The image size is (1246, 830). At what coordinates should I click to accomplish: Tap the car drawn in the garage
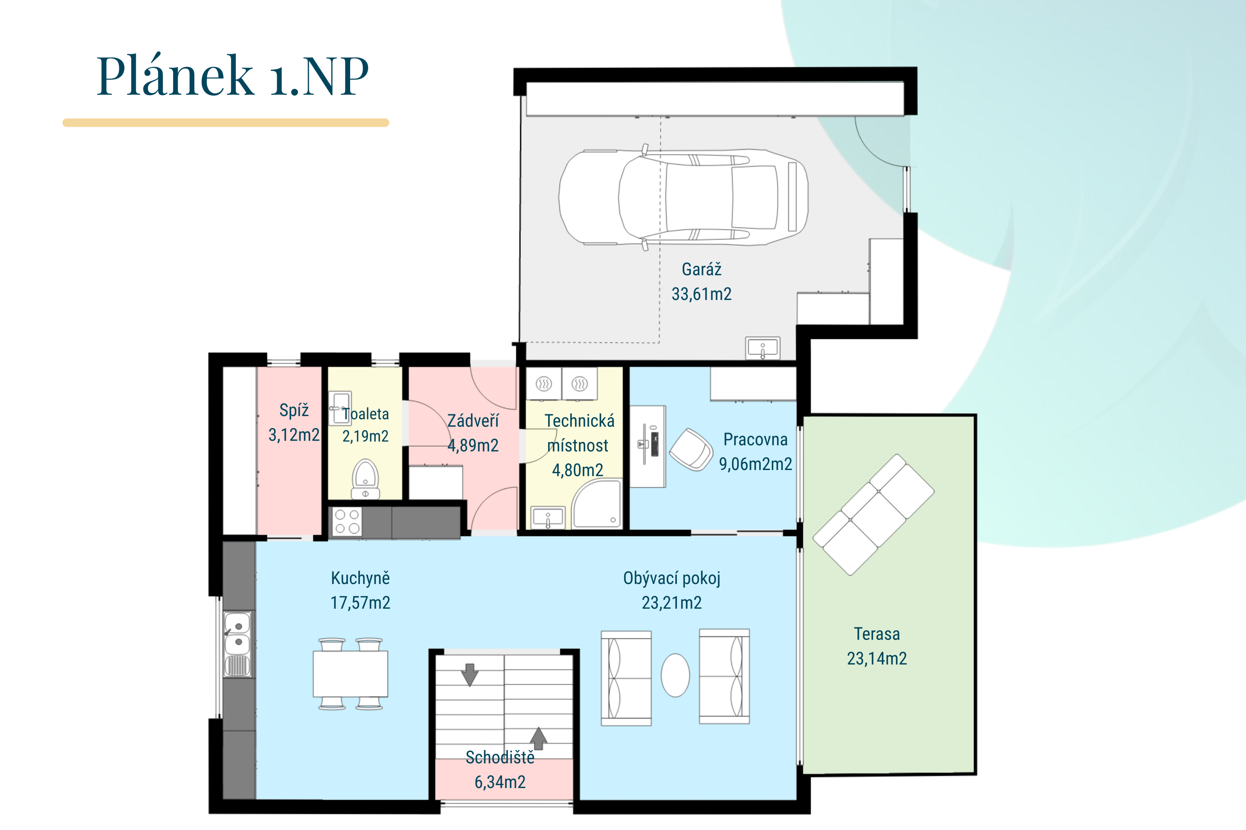[x=683, y=197]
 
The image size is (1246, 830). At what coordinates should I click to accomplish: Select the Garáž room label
[x=702, y=269]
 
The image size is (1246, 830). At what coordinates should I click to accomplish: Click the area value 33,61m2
[x=702, y=294]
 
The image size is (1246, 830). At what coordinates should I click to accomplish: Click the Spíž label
[x=294, y=410]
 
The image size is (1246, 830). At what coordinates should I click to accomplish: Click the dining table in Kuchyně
[x=350, y=674]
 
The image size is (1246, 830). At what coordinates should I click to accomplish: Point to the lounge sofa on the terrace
[x=874, y=514]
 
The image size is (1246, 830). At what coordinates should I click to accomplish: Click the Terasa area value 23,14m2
[x=877, y=659]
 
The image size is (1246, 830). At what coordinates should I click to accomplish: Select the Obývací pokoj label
[x=671, y=578]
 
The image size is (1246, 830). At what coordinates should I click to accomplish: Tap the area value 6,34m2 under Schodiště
[x=500, y=782]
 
